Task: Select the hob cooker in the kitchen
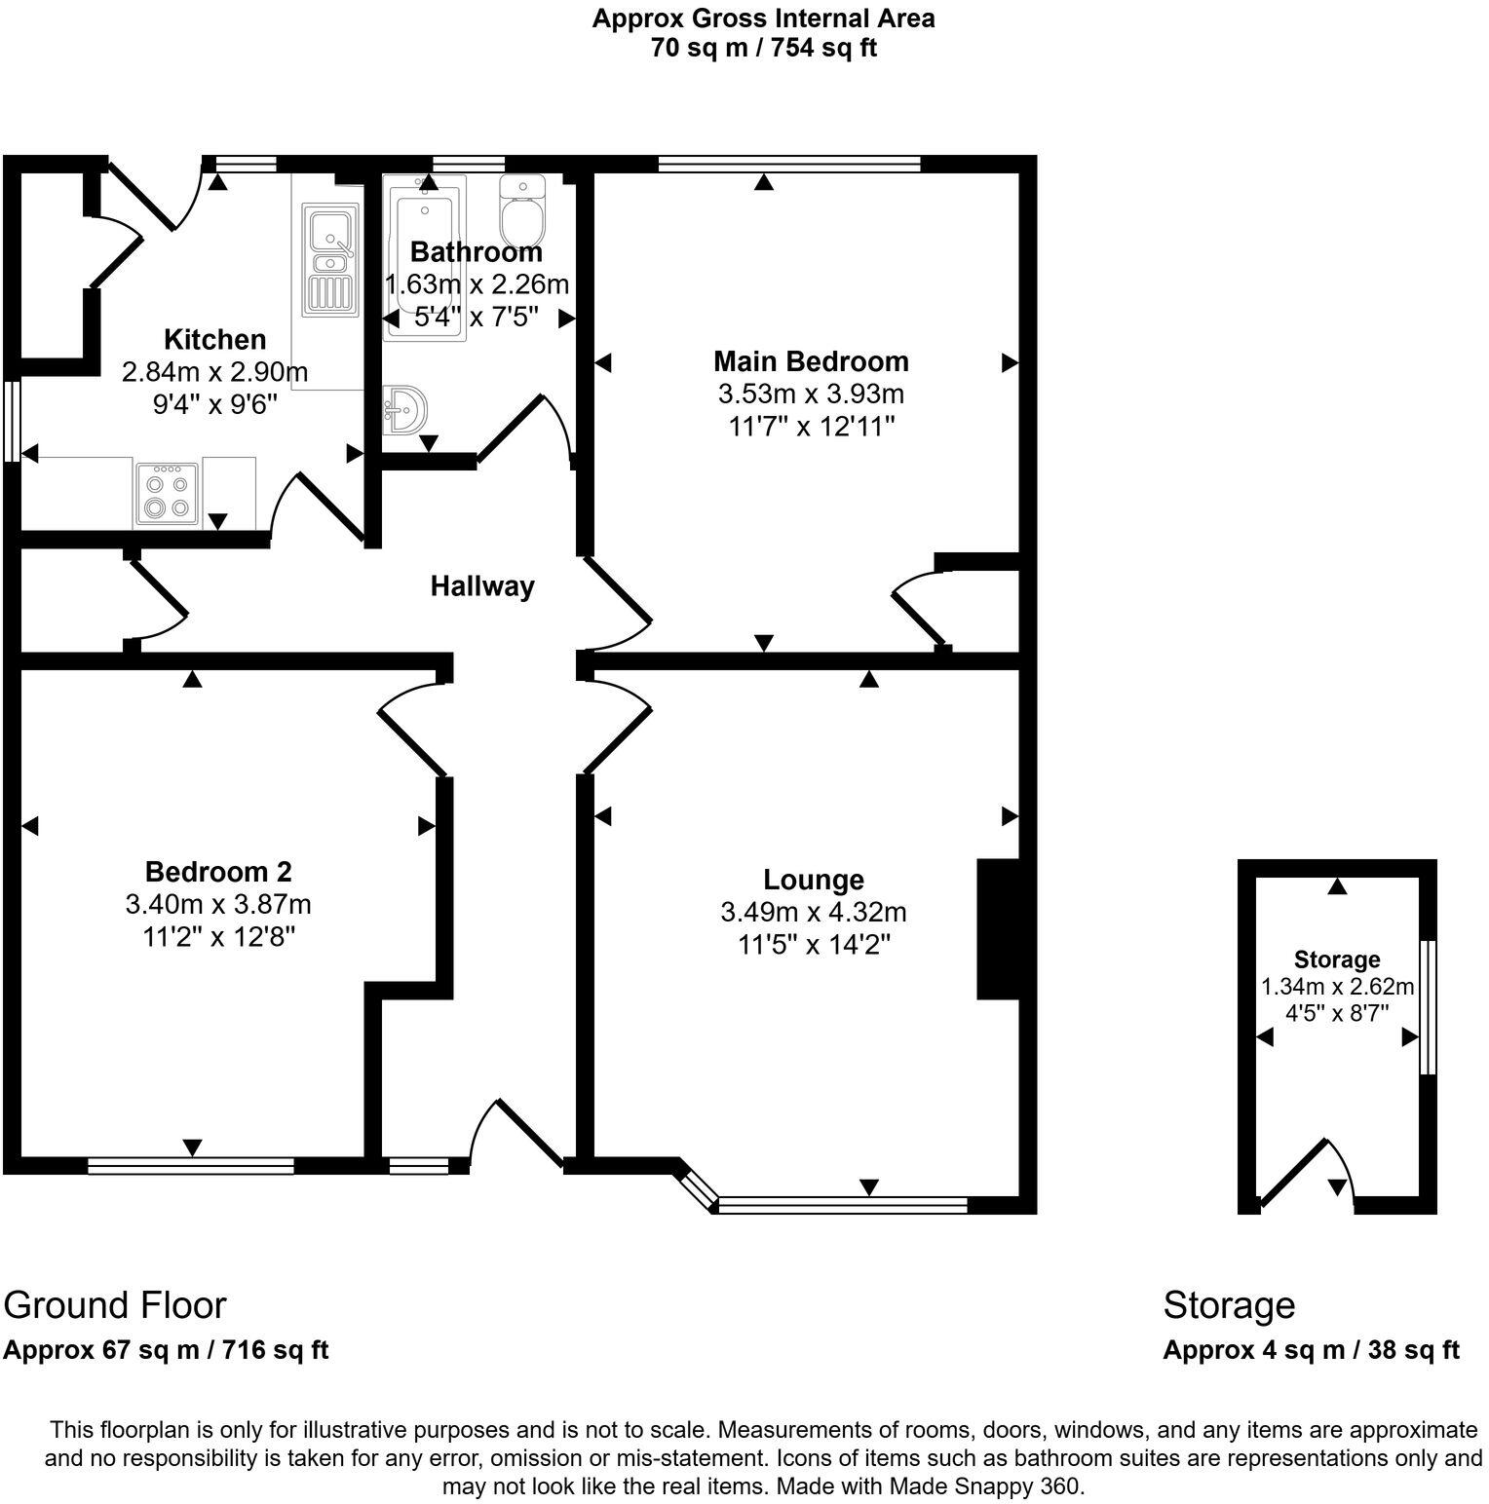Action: (167, 494)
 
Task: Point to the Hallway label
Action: (482, 586)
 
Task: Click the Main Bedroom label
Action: (811, 361)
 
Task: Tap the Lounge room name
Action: (813, 880)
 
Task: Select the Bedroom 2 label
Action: (218, 871)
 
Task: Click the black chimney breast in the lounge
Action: (997, 928)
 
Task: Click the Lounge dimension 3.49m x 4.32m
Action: (813, 913)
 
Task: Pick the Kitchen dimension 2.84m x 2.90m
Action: (214, 372)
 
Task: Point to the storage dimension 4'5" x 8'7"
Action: (1337, 1012)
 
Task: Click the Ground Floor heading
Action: (115, 1304)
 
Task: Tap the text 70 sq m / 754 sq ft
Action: (763, 49)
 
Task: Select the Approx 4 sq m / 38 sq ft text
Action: (1311, 1350)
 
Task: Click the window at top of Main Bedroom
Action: (789, 164)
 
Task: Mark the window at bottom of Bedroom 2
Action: (191, 1165)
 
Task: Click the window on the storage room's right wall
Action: (1428, 1007)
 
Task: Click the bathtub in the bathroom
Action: (425, 258)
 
